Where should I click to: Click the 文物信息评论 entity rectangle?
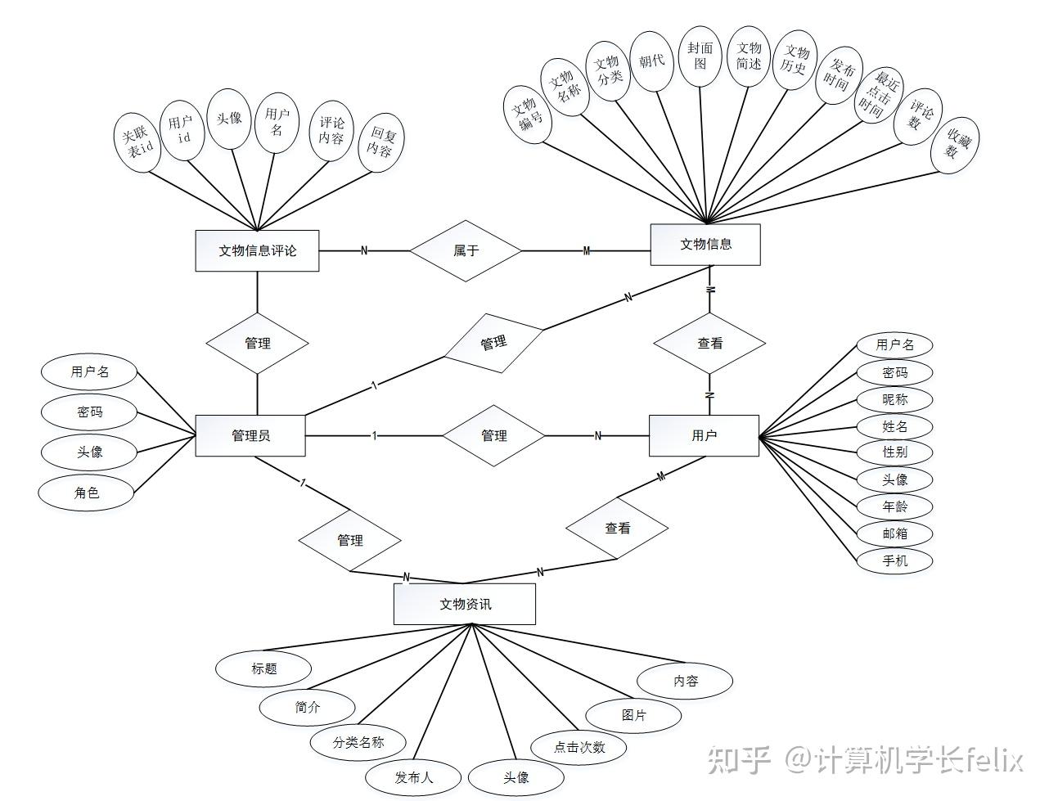coord(257,250)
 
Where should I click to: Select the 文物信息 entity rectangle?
coord(705,244)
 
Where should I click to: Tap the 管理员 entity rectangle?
coord(250,435)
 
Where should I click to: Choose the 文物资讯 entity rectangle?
coord(465,604)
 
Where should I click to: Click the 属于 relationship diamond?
coord(466,250)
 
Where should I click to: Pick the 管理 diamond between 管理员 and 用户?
coord(493,435)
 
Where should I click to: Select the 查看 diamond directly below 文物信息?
coord(709,344)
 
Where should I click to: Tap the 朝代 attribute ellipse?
coord(652,61)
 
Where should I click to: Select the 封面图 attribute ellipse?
coord(700,55)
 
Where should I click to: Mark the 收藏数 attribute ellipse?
coord(954,144)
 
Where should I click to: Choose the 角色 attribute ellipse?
coord(86,493)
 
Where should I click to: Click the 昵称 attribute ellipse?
coord(894,399)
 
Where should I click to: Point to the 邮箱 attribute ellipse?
coord(894,533)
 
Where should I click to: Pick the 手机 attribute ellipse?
coord(894,560)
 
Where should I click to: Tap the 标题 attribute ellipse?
coord(263,668)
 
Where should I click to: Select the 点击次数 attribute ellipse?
coord(579,747)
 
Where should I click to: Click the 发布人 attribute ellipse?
coord(413,777)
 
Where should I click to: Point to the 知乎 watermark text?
coord(739,760)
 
